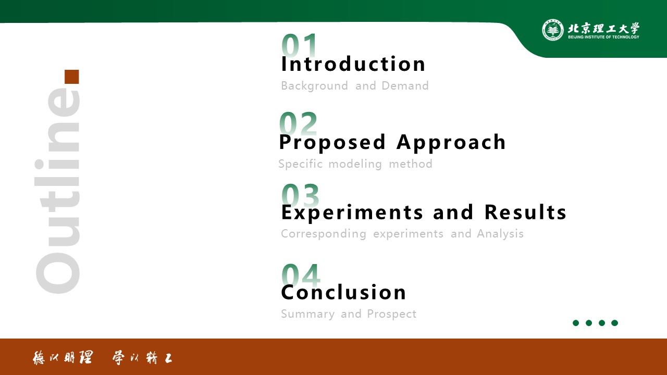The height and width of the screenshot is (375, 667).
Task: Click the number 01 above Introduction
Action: [x=299, y=45]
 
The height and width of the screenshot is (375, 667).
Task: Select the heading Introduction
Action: [x=353, y=64]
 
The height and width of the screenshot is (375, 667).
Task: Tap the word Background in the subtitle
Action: [x=314, y=86]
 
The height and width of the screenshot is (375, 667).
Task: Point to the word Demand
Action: [x=405, y=86]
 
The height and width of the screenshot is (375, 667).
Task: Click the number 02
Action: [x=299, y=123]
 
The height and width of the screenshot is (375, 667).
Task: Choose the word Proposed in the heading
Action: [x=332, y=143]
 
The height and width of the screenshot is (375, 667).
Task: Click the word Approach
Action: [x=451, y=143]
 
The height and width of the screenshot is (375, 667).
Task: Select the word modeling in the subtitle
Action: [x=355, y=164]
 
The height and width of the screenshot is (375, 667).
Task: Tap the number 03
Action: [x=300, y=195]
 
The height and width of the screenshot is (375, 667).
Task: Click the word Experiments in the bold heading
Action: [x=352, y=213]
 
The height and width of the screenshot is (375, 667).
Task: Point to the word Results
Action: [x=525, y=212]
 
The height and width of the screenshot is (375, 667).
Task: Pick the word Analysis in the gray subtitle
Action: [x=500, y=234]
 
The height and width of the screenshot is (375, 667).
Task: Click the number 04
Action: [x=301, y=276]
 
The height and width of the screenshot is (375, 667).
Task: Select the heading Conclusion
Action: [x=343, y=292]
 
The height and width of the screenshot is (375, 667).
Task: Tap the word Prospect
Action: [x=391, y=314]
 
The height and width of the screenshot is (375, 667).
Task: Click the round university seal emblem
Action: [x=553, y=30]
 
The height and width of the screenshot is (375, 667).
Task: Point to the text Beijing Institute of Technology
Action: [x=603, y=37]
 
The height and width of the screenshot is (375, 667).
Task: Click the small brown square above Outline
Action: [x=72, y=77]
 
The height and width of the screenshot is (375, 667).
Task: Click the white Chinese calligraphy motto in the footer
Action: [x=103, y=358]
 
